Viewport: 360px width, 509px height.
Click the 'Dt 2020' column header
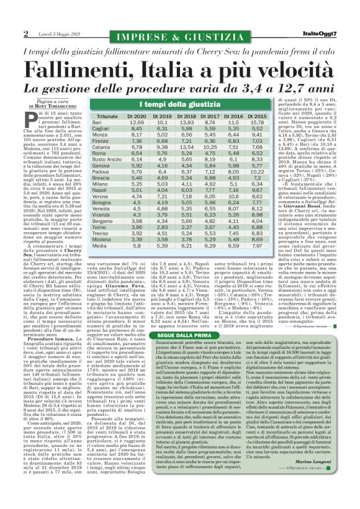[137, 116]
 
